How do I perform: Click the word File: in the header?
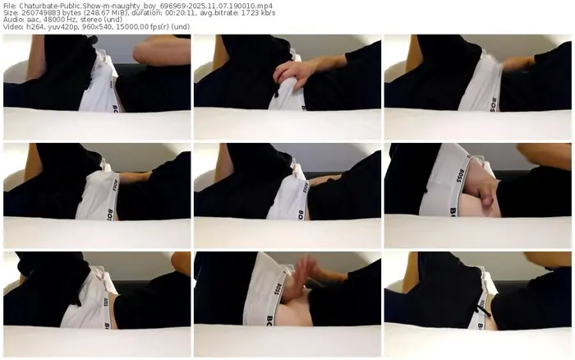10,7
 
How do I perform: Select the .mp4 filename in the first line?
145,7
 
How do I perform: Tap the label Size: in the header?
10,13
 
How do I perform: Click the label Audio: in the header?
13,20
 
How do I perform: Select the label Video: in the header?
13,26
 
